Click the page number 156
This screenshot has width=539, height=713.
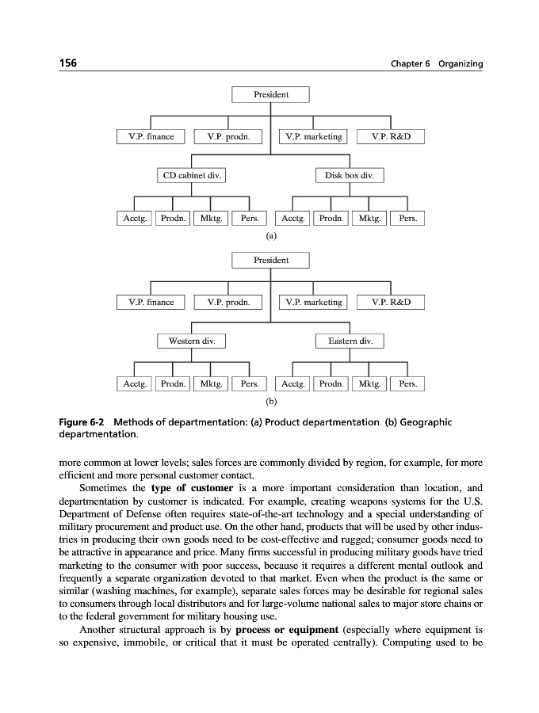(x=69, y=63)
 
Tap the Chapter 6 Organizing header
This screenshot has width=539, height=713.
(x=436, y=63)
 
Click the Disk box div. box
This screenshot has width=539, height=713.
(x=350, y=175)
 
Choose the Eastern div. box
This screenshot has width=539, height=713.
(x=350, y=341)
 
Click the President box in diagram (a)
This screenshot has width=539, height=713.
(x=270, y=94)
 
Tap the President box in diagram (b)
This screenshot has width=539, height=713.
(x=270, y=261)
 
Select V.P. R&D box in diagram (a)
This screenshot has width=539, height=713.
(x=391, y=137)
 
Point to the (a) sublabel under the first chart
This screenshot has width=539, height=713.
(x=271, y=235)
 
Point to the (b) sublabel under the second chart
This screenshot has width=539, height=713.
(x=271, y=402)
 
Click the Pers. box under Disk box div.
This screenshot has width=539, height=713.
(x=407, y=218)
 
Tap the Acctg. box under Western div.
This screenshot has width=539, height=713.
(x=134, y=384)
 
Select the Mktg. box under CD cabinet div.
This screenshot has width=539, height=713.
(x=211, y=218)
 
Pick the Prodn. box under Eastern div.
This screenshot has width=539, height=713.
(x=331, y=384)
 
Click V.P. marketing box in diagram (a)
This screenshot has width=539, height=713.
(x=314, y=137)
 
